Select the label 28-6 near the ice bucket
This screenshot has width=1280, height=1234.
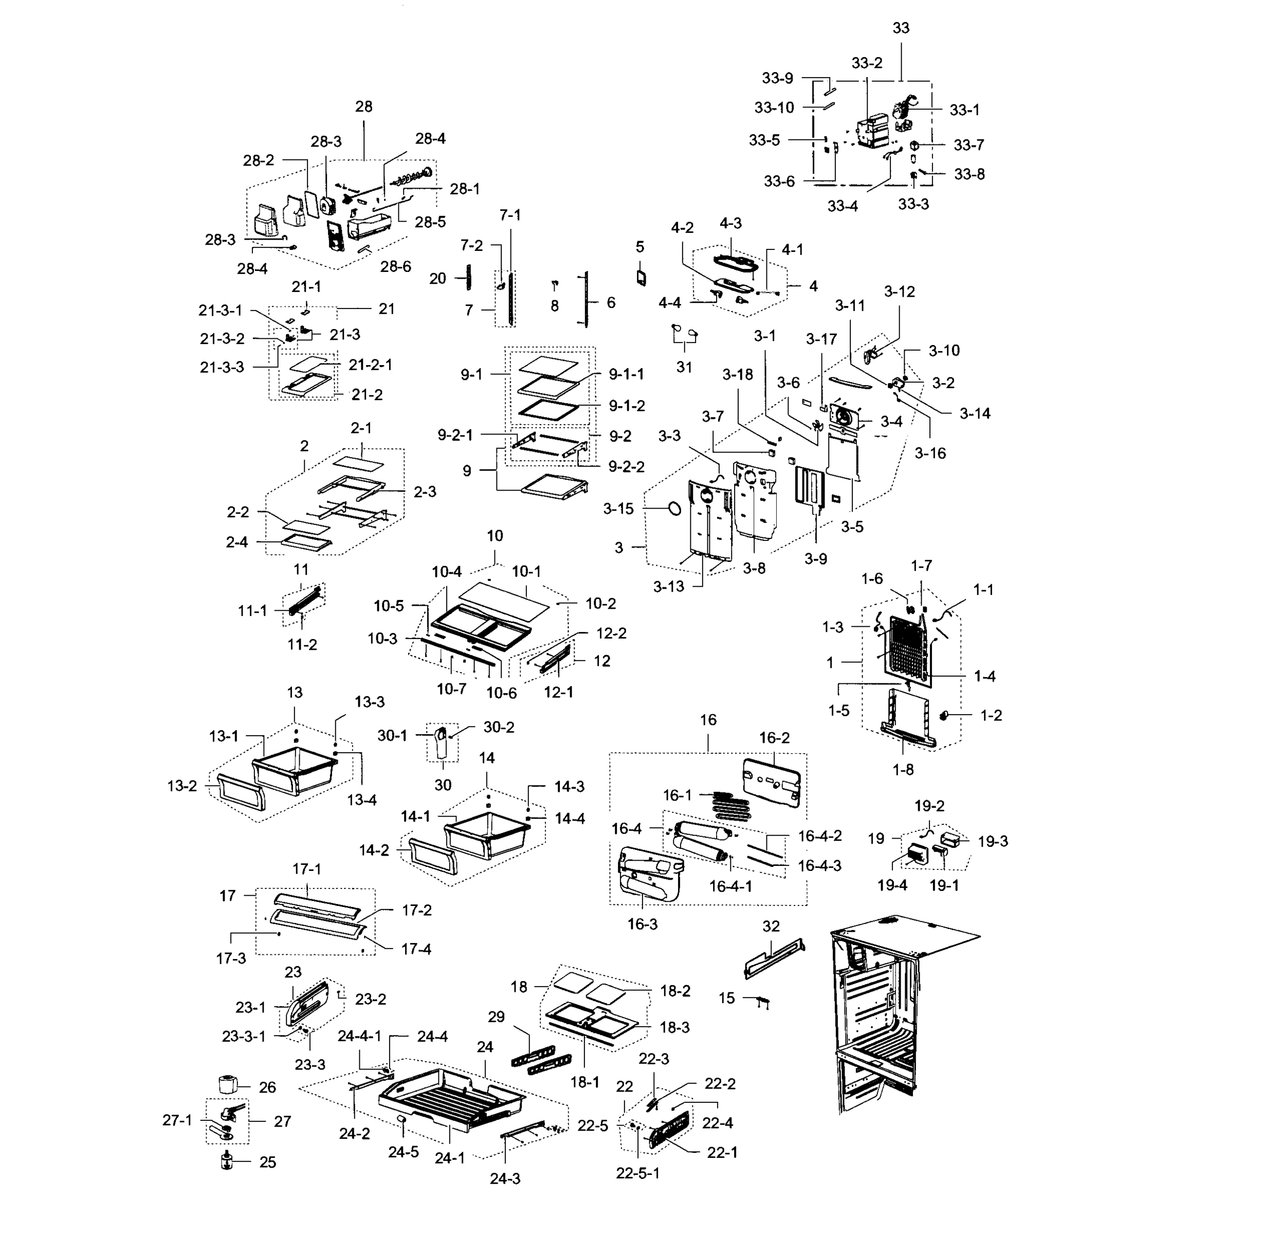point(396,266)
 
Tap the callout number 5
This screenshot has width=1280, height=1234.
point(640,247)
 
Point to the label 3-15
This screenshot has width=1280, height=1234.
point(618,509)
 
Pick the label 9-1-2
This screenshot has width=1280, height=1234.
point(627,406)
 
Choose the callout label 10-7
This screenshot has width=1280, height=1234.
point(451,688)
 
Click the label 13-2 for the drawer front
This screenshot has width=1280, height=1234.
point(181,786)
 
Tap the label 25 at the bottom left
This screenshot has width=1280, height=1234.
point(268,1162)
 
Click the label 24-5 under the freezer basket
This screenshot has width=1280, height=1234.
point(404,1152)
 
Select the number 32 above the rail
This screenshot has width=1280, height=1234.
point(771,927)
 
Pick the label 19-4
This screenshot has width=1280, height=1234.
point(892,885)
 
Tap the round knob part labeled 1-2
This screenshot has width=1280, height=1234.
point(944,716)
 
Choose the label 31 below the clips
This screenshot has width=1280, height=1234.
point(684,367)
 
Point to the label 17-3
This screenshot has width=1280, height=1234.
point(231,958)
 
